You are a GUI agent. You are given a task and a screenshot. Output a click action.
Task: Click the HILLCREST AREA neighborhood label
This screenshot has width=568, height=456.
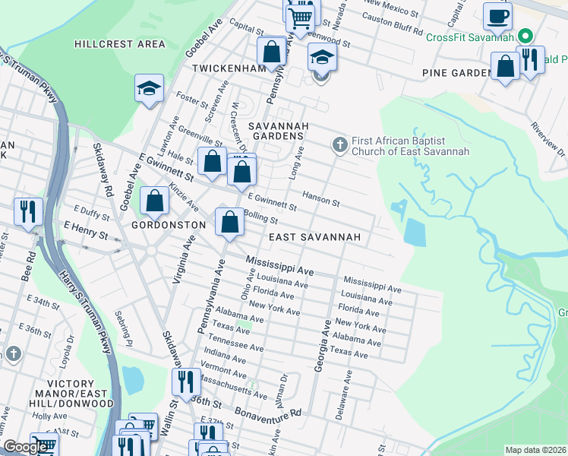[x=119, y=44]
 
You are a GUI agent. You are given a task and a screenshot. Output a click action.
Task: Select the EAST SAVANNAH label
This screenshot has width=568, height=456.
[x=315, y=237]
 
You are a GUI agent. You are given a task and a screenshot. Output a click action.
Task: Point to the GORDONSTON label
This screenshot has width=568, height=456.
[x=168, y=226]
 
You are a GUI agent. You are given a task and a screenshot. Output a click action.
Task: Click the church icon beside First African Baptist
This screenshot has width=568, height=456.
[x=339, y=144]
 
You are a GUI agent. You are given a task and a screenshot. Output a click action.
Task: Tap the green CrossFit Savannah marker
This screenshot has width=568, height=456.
[x=524, y=37]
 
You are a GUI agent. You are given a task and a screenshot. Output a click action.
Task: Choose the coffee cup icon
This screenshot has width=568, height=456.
[x=497, y=16]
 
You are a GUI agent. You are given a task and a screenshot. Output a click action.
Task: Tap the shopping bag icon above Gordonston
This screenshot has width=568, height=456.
[x=155, y=201]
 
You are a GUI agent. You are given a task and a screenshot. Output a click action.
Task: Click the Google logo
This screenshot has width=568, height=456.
[x=26, y=447]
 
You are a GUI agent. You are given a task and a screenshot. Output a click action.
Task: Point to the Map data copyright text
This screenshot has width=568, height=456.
[x=535, y=450]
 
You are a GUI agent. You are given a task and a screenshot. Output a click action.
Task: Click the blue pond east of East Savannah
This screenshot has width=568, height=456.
[x=415, y=232]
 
